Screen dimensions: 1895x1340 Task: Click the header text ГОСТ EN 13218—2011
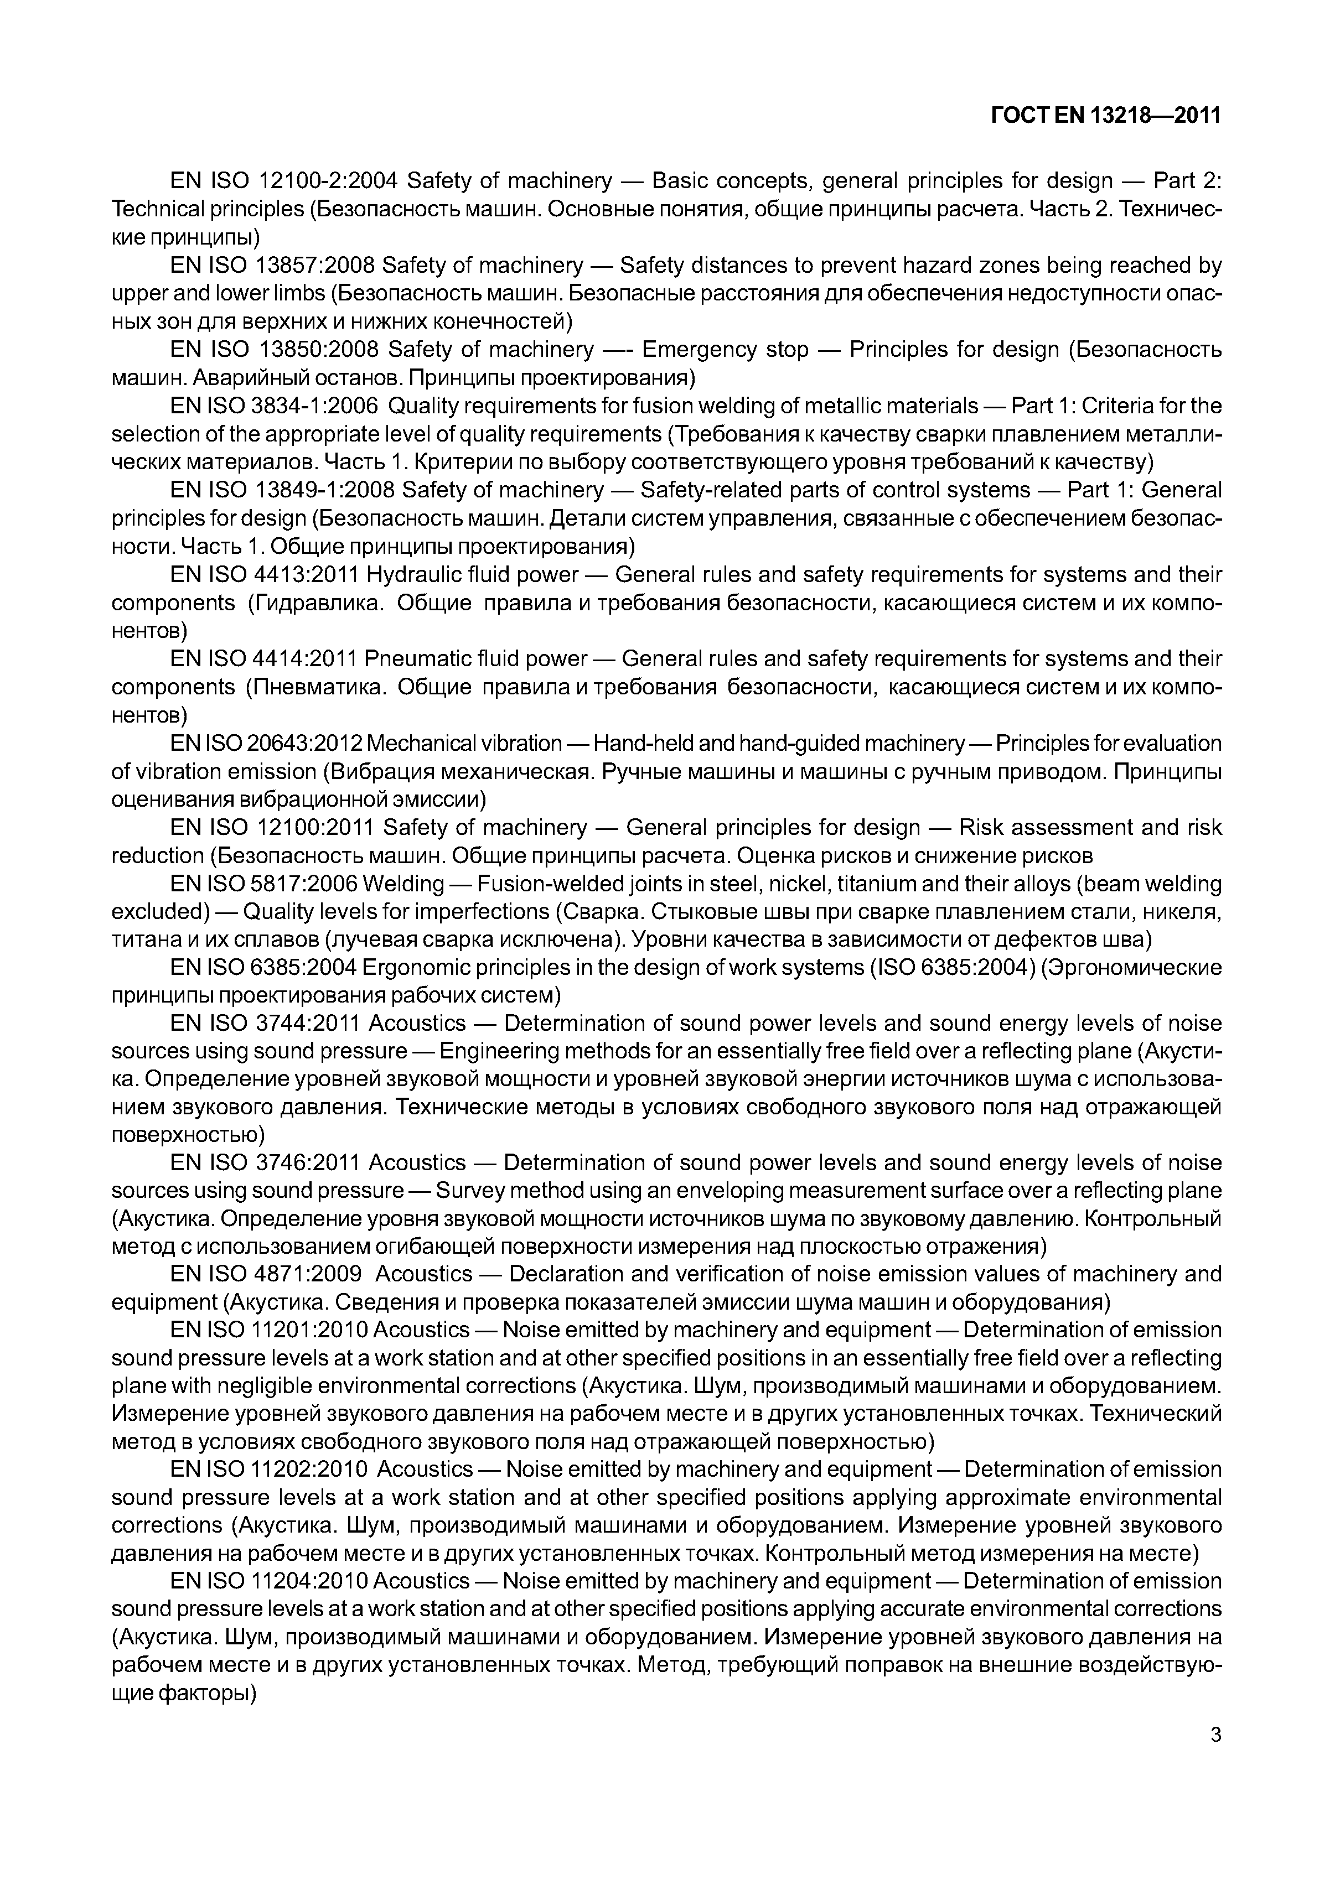(x=1105, y=116)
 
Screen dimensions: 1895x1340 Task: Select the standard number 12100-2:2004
(x=329, y=181)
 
